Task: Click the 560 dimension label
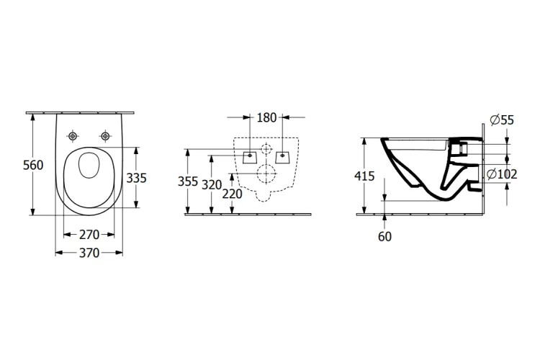click(x=33, y=165)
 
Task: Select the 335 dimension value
click(x=136, y=178)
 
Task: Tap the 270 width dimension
click(x=89, y=235)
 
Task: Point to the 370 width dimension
click(x=89, y=253)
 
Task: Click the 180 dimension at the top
click(x=266, y=117)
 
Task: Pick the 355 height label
click(x=188, y=181)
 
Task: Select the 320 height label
click(x=211, y=185)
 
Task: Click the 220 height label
click(x=232, y=194)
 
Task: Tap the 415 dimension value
click(x=364, y=176)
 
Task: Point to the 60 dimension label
click(x=384, y=237)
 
